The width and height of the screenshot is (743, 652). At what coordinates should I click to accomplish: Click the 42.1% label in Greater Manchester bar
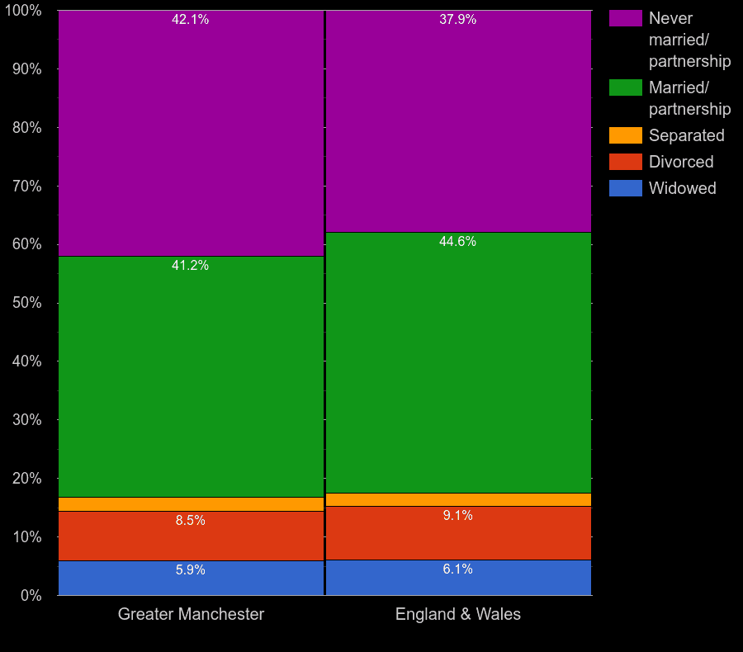coord(190,20)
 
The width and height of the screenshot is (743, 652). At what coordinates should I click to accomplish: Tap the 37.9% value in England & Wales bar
coord(458,20)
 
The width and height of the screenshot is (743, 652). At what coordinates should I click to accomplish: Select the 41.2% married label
coord(190,266)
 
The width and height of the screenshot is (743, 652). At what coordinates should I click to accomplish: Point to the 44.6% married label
coord(458,242)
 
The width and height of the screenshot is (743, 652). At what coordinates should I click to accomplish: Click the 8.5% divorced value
coord(190,521)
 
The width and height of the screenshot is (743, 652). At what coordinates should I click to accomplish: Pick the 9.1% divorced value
coord(458,516)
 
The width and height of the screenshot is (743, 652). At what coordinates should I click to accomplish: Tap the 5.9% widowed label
coord(190,570)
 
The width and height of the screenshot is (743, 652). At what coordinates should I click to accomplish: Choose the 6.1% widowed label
coord(458,569)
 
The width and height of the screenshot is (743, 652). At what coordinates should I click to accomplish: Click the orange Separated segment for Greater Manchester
coord(191,504)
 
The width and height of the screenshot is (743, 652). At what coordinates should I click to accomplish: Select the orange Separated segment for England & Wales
coord(458,499)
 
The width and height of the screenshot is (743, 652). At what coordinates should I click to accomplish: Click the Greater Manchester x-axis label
coord(191,614)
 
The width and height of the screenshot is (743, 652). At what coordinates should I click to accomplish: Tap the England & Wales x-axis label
coord(458,614)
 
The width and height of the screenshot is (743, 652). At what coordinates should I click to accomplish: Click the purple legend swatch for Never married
coord(626,18)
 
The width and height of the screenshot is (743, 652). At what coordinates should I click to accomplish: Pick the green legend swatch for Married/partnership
coord(626,87)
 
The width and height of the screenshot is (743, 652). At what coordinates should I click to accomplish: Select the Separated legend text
coord(686,135)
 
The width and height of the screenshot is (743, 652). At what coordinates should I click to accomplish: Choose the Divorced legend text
coord(681,162)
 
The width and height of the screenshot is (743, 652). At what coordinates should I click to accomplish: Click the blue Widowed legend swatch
coord(626,188)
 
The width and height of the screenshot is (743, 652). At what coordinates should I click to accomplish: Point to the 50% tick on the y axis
coord(27,303)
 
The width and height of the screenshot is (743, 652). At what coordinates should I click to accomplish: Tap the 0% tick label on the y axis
coord(31,595)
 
